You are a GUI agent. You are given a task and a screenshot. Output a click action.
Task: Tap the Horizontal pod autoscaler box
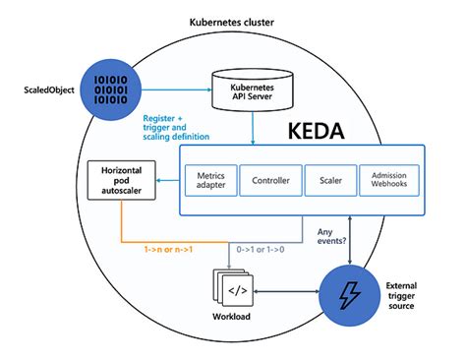pos(120,179)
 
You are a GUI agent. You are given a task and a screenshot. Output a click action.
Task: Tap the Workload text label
pos(236,329)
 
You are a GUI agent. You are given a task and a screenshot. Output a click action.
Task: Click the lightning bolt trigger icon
pos(350,293)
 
